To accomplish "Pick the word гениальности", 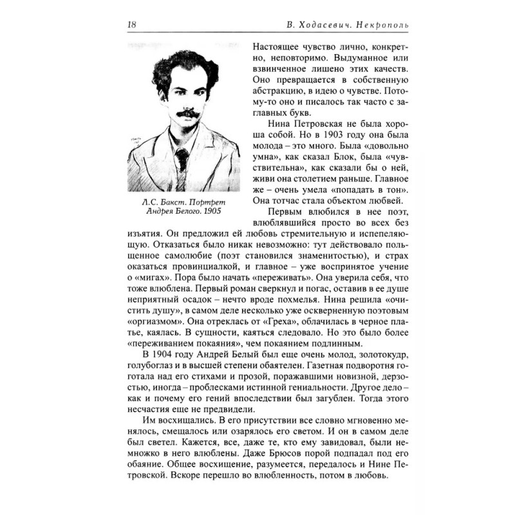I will click(307, 390).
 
